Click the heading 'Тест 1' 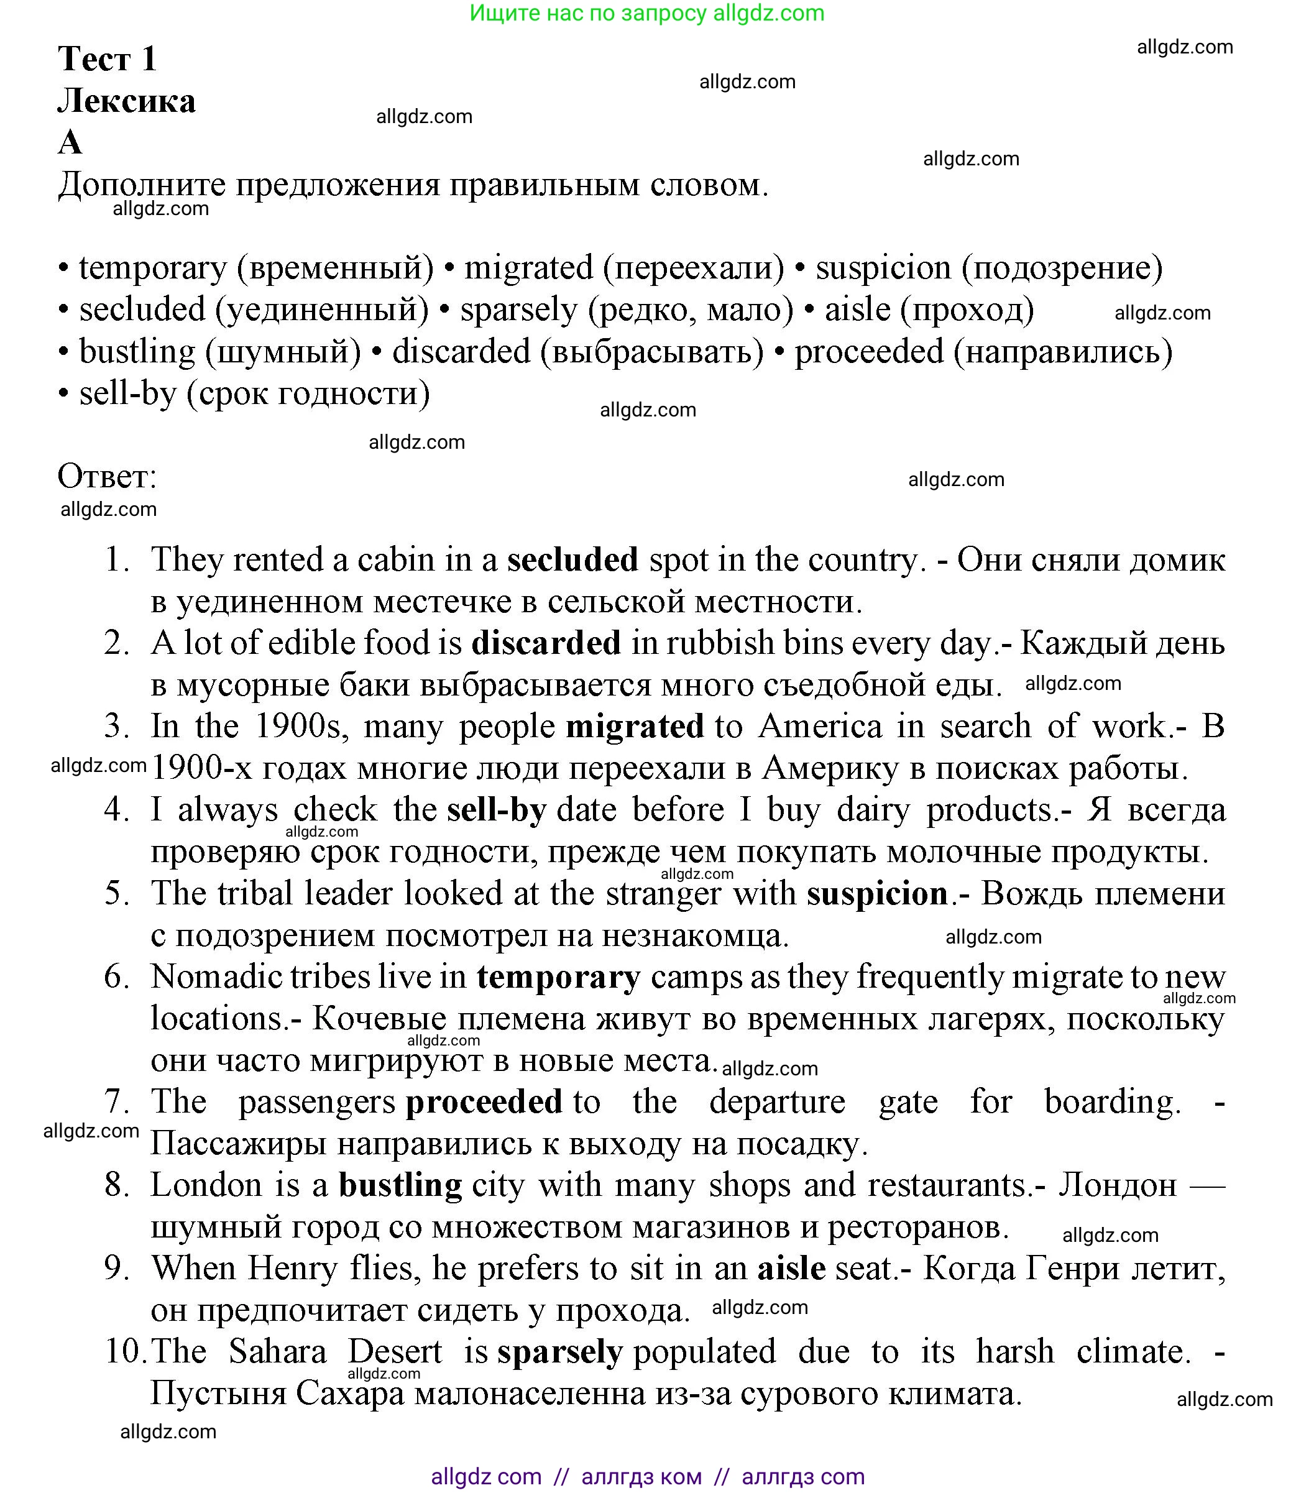coord(107,58)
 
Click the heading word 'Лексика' coord(127,101)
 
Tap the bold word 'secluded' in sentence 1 coord(572,559)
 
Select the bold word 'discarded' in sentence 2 coord(546,643)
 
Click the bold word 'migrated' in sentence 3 coord(634,726)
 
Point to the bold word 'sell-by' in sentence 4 coord(496,809)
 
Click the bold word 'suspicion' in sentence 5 coord(877,894)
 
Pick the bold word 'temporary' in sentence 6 coord(558,976)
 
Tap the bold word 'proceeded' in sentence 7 coord(484,1102)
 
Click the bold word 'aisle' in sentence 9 coord(791,1268)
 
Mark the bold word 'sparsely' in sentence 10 coord(560,1351)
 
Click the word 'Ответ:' coord(107,477)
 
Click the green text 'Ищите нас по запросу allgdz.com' coord(646,13)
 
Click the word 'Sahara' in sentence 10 coord(277,1351)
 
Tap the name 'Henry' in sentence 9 coord(292,1268)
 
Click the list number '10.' coord(124,1351)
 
